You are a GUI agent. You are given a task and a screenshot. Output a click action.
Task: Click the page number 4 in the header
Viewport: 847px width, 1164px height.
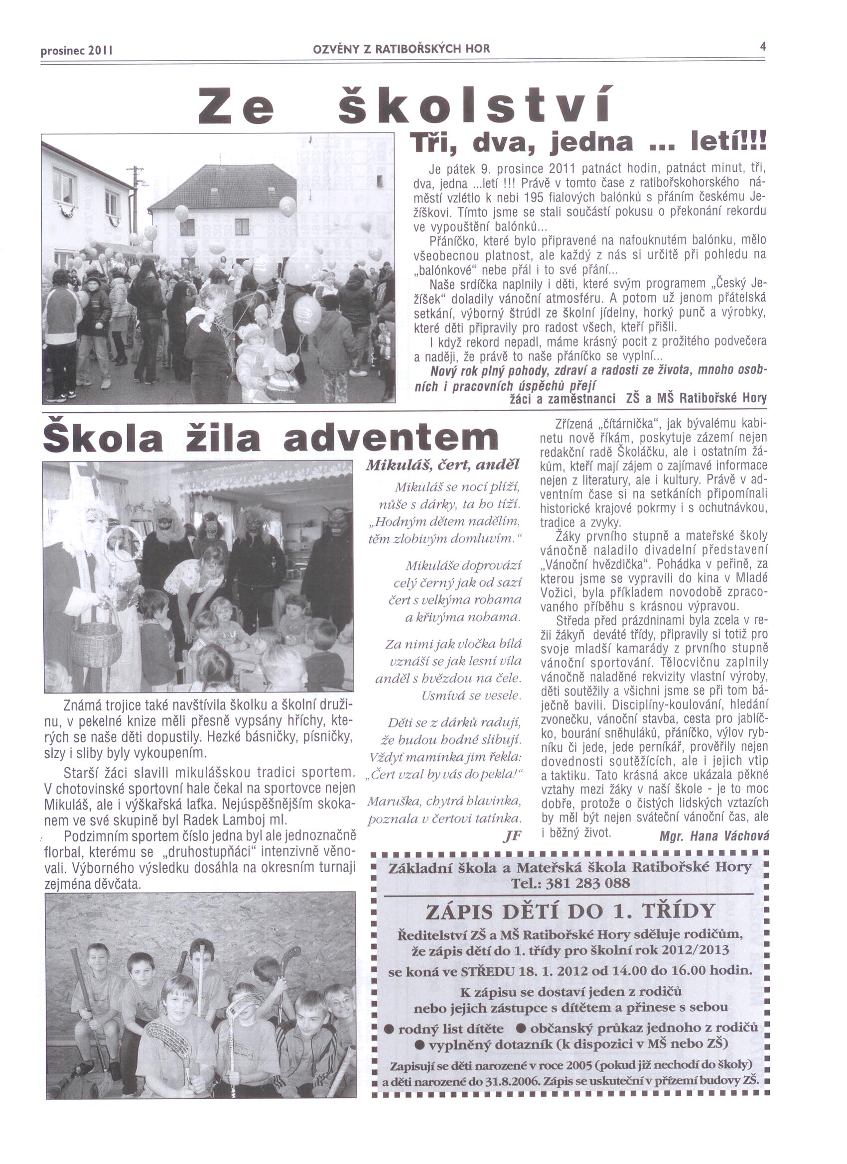(763, 47)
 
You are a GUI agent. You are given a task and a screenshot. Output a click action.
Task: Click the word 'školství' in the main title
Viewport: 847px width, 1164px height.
(474, 104)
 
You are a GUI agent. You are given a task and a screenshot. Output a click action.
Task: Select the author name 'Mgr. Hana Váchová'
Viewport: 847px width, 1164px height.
(714, 836)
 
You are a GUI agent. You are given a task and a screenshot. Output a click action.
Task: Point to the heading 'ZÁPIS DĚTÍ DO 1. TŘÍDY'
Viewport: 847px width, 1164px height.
(570, 912)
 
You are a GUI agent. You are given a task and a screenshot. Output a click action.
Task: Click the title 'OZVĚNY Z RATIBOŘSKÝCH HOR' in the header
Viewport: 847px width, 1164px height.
(401, 49)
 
